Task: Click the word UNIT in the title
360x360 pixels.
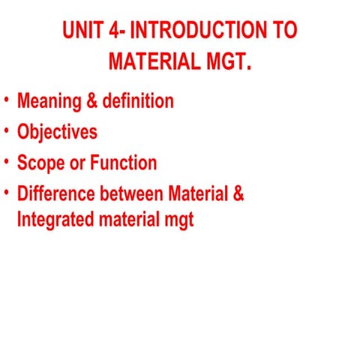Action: click(83, 31)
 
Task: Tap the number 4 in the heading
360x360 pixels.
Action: click(116, 31)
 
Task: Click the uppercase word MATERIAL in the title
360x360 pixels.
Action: click(153, 61)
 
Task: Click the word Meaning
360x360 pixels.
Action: click(49, 100)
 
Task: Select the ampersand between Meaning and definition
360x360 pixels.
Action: click(91, 100)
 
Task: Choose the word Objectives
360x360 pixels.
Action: click(57, 132)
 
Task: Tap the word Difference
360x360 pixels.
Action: click(55, 193)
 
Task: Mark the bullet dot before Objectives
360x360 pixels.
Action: click(6, 130)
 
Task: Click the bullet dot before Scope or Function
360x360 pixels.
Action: click(6, 161)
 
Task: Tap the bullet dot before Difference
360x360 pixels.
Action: click(6, 192)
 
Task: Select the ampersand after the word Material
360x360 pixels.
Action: click(238, 193)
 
